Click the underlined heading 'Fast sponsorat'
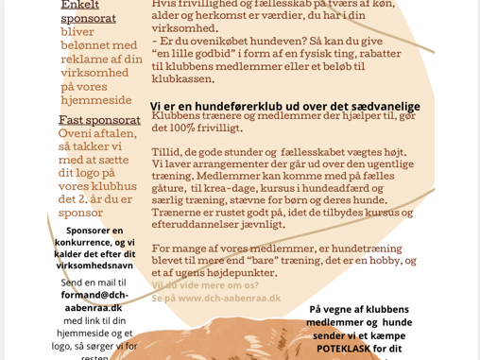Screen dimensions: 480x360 pos(100,120)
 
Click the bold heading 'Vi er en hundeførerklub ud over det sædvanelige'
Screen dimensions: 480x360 pos(284,106)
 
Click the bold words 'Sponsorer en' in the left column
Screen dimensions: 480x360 pos(94,231)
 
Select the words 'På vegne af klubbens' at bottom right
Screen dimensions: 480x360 pos(359,309)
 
